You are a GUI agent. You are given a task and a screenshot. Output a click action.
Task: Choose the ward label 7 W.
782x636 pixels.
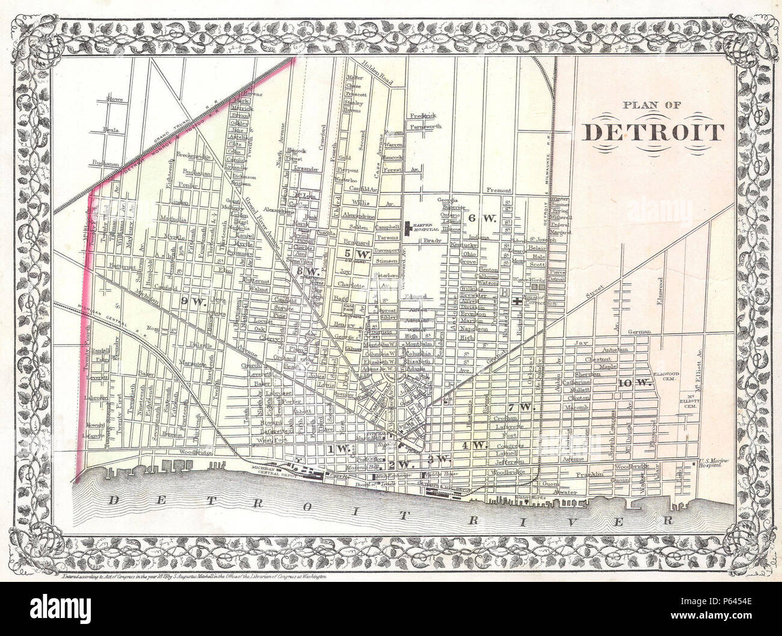pyautogui.click(x=522, y=407)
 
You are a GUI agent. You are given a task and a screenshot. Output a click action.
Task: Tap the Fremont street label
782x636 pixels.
pyautogui.click(x=499, y=191)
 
